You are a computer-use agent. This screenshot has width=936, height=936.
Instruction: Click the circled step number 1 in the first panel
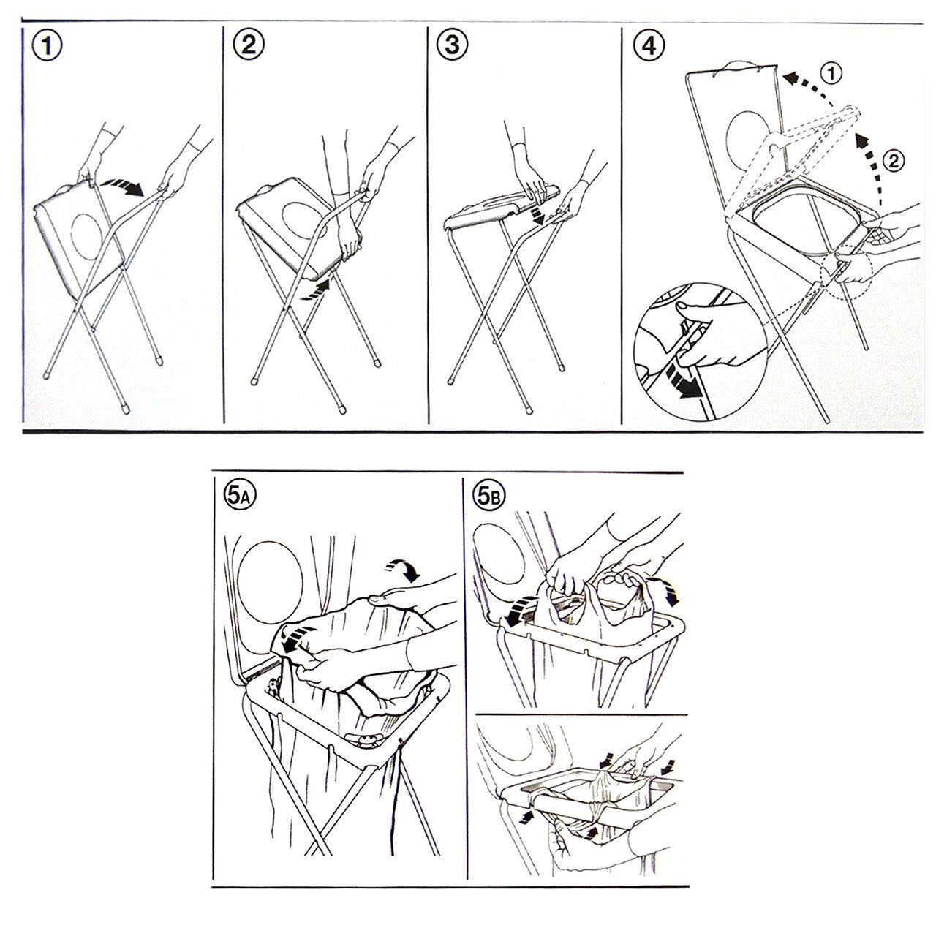(x=47, y=47)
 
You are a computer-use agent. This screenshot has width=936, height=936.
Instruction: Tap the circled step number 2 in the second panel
(x=248, y=45)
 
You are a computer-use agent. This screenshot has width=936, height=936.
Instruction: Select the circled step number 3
(x=452, y=45)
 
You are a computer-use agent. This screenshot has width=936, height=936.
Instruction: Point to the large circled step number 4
(x=649, y=46)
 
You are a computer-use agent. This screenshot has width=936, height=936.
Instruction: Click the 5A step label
(x=239, y=496)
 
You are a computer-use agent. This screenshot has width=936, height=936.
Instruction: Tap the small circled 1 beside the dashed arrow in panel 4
(x=831, y=74)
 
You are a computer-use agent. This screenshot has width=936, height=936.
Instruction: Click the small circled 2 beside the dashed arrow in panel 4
(x=894, y=162)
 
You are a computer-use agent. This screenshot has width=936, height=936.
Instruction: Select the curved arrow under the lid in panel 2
(x=314, y=290)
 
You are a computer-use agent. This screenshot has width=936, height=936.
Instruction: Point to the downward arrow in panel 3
(x=536, y=214)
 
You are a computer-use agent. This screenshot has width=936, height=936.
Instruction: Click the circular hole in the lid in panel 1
(x=86, y=236)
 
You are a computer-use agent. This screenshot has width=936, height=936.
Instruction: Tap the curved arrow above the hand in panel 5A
(x=403, y=569)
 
